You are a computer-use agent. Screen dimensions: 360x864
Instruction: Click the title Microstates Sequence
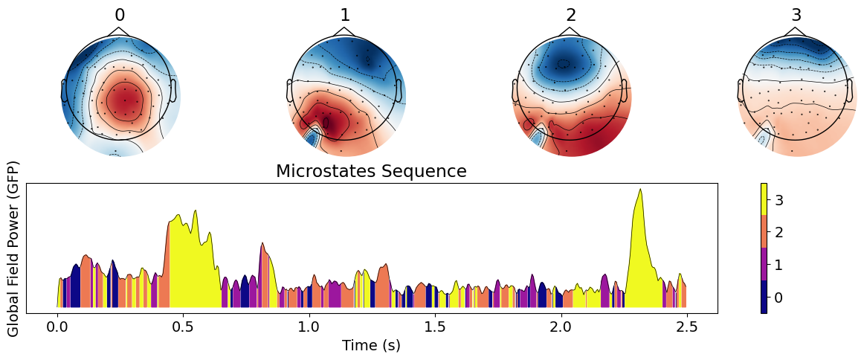point(371,172)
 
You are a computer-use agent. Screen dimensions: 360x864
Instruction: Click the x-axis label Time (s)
point(371,346)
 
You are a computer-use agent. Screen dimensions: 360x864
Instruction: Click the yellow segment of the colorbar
point(764,199)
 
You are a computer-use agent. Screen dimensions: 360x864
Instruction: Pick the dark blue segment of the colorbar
point(764,297)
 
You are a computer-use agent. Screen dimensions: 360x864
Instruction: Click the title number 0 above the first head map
point(120,16)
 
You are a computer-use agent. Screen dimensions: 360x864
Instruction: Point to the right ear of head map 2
point(626,91)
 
